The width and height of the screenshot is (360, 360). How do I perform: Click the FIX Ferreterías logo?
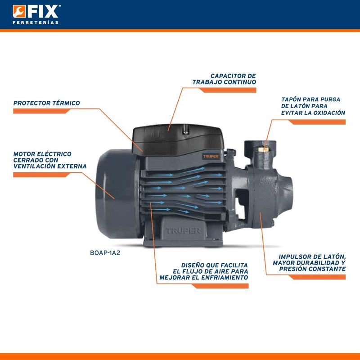pyautogui.click(x=36, y=14)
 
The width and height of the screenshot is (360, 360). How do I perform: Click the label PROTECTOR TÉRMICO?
pyautogui.click(x=47, y=103)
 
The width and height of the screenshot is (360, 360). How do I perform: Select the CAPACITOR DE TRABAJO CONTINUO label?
pyautogui.click(x=225, y=79)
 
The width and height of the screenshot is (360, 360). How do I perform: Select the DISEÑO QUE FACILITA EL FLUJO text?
pyautogui.click(x=204, y=271)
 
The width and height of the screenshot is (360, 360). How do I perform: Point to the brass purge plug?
pyautogui.click(x=266, y=145)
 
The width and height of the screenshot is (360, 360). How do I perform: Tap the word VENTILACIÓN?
pyautogui.click(x=33, y=166)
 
